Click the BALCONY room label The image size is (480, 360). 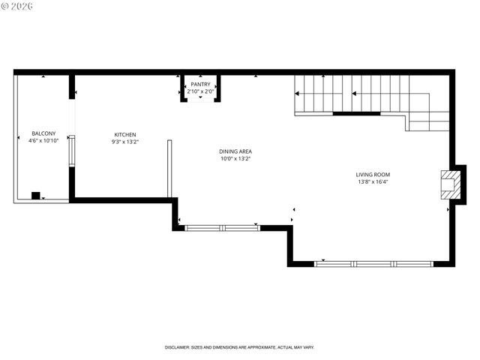43,133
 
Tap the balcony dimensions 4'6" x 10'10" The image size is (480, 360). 43,140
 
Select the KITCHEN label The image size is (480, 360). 124,135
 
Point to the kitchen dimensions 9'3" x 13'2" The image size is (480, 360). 124,141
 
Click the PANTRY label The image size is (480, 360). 200,85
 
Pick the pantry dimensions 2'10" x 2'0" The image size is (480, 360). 200,91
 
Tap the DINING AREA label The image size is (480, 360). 235,151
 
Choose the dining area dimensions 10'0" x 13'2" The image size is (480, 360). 235,158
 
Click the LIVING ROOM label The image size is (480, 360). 373,175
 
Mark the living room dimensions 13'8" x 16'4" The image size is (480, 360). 373,181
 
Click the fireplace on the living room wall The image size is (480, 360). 450,184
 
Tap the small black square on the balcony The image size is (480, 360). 35,196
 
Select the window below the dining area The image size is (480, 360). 222,227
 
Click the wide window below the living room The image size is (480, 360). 373,264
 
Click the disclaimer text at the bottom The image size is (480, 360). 239,348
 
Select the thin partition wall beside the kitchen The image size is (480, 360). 169,168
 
